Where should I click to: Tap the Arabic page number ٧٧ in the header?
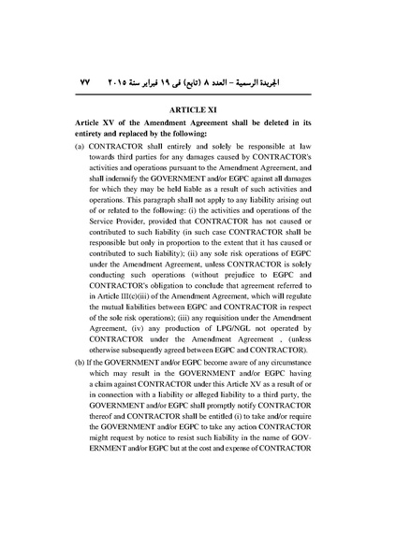83,81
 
